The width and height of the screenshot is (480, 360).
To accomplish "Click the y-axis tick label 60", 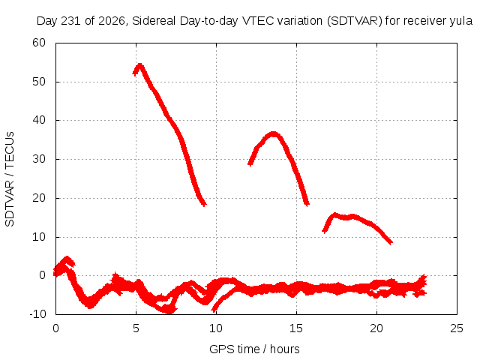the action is click(39, 43).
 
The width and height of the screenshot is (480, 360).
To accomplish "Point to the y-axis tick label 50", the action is click(39, 82).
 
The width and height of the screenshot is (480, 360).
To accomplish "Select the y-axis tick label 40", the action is click(39, 120).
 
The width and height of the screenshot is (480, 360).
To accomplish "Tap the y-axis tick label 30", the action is click(39, 159).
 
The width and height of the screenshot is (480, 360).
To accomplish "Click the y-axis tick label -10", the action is click(37, 313).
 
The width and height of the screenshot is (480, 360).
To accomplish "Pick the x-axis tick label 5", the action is click(136, 328).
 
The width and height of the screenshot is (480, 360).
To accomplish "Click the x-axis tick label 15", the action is click(296, 328).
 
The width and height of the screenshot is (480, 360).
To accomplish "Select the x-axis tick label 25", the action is click(457, 328).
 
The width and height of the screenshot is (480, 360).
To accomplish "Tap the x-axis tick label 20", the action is click(376, 328).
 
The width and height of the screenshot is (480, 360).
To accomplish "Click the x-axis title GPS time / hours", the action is click(254, 349).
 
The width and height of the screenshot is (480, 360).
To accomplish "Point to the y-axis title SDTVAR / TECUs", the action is click(10, 179).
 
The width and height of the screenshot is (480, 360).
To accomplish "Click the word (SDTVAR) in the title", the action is click(355, 21).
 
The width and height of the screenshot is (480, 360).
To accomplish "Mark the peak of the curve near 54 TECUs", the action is click(140, 64).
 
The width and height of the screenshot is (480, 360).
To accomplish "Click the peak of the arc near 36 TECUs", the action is click(273, 133).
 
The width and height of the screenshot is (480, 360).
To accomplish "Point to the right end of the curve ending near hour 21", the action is click(391, 243).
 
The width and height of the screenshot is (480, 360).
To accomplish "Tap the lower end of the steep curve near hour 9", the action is click(204, 204).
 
